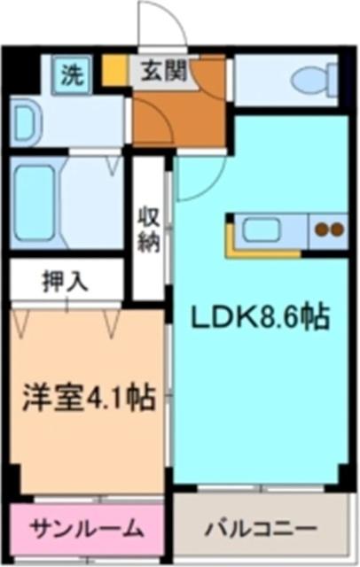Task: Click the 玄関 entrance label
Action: coord(163,71)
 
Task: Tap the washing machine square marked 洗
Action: coord(73,75)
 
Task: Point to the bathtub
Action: coord(35,202)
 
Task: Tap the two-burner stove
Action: coord(329,229)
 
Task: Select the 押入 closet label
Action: coord(65,282)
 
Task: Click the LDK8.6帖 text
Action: coord(260,317)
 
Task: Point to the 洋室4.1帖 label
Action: coord(89,397)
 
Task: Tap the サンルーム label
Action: coord(86,529)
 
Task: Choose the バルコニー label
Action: coord(260,530)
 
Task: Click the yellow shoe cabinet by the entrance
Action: coord(114,70)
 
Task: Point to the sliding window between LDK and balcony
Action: coord(261,488)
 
